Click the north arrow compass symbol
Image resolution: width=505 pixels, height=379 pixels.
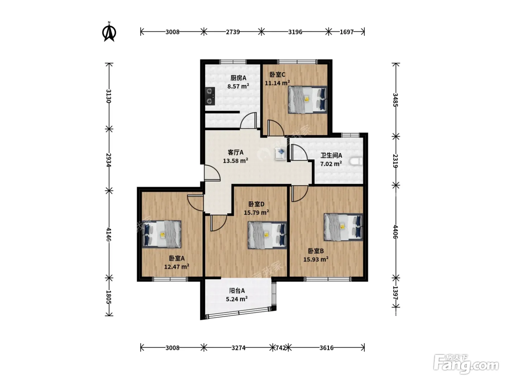click(x=109, y=32)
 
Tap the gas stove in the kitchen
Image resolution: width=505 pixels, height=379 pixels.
click(x=210, y=96)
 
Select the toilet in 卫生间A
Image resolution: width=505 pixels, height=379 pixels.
click(x=356, y=161)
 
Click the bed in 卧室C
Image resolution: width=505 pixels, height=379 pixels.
click(x=308, y=100)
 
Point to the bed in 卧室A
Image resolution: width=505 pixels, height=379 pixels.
click(x=162, y=234)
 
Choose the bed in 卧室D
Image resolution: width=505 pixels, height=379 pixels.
click(x=267, y=235)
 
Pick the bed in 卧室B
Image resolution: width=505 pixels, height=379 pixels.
click(x=343, y=227)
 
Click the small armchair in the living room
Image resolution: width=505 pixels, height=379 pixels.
click(x=281, y=154)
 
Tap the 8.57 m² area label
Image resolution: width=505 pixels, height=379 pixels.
click(x=238, y=86)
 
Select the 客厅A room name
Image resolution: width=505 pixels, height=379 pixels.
click(x=235, y=152)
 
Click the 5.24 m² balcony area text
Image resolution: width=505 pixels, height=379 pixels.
click(x=237, y=299)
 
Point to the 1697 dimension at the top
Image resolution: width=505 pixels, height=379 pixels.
click(x=347, y=32)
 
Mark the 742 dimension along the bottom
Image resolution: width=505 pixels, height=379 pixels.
click(x=281, y=348)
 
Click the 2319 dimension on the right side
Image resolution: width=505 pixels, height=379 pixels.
click(x=395, y=161)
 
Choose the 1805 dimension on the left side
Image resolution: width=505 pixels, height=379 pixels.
click(x=109, y=297)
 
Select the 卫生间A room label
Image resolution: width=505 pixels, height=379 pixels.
click(x=331, y=156)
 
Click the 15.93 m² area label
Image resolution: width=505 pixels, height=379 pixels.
click(x=316, y=259)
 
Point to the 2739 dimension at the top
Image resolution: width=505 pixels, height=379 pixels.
click(x=233, y=32)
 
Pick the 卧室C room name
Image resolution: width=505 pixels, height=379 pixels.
click(x=277, y=75)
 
